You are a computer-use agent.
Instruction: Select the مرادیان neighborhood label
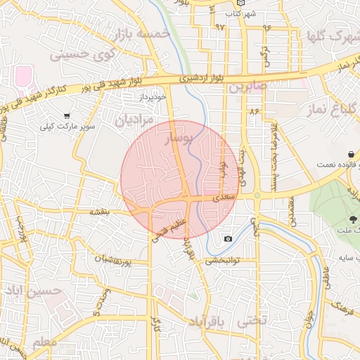[134, 121]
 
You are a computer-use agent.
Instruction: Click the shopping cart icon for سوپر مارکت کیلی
[67, 115]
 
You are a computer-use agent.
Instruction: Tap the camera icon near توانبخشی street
[228, 239]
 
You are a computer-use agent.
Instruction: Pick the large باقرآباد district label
[211, 321]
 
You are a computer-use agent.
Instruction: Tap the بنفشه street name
[101, 211]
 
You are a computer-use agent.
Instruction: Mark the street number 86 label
[254, 111]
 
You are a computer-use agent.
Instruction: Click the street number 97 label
[220, 27]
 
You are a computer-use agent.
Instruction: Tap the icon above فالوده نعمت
[349, 153]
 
